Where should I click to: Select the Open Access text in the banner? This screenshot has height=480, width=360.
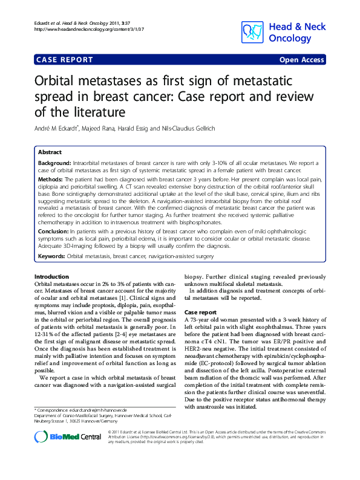click(301, 60)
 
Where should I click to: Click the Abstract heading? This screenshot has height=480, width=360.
click(50, 152)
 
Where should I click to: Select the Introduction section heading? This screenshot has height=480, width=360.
click(52, 276)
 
